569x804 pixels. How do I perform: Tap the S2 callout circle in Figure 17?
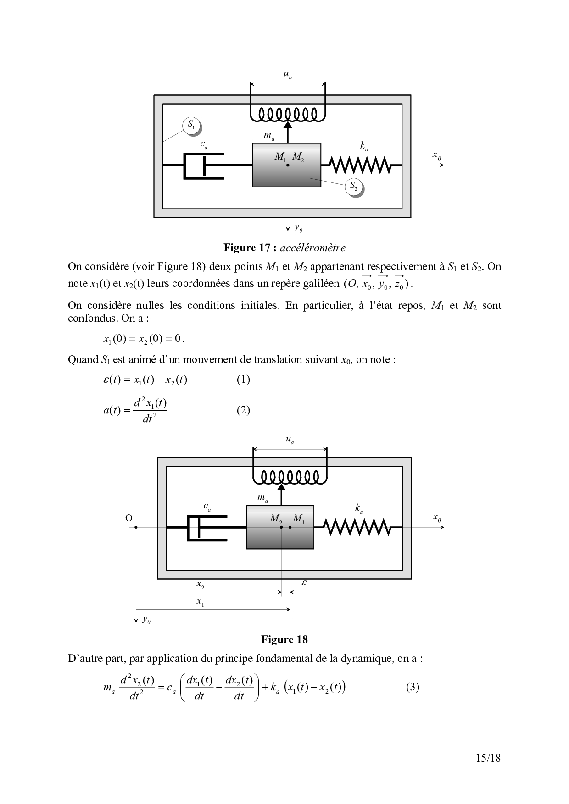click(x=354, y=186)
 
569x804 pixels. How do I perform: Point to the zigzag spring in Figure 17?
click(x=361, y=165)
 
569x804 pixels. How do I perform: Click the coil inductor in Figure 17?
click(x=288, y=115)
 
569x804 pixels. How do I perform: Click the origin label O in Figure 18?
click(x=129, y=518)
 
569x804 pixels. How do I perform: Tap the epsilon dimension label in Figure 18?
click(x=304, y=583)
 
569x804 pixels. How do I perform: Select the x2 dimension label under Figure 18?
click(x=201, y=584)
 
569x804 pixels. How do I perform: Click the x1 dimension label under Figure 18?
click(x=201, y=602)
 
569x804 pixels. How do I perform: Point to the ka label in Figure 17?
click(x=364, y=146)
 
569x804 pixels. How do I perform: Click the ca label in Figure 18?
click(x=207, y=507)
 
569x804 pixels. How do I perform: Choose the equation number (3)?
click(x=413, y=687)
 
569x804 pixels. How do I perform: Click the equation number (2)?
click(x=243, y=410)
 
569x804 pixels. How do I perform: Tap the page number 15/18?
click(x=488, y=758)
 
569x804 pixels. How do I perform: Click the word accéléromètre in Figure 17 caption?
click(x=312, y=248)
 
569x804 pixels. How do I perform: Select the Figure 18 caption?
click(x=284, y=639)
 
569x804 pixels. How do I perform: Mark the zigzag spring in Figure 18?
click(x=358, y=527)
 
